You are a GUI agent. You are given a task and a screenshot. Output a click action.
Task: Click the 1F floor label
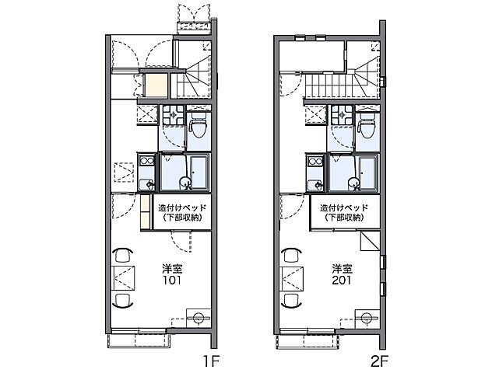coord(211,362)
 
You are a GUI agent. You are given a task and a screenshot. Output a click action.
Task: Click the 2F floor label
coord(380,362)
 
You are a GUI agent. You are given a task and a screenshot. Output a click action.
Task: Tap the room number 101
coord(172,280)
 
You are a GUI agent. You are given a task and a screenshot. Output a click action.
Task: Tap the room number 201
coord(342,280)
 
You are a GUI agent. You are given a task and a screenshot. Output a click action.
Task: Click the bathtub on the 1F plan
coord(199,173)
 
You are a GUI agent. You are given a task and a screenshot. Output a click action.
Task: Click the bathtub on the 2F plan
coord(368,173)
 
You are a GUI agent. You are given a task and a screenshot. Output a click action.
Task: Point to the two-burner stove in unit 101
coord(146,161)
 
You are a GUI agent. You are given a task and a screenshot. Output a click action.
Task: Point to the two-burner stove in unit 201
coord(315,161)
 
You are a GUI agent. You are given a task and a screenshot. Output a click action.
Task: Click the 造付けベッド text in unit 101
coord(182,208)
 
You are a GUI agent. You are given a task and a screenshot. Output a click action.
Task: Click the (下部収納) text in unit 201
coord(344,218)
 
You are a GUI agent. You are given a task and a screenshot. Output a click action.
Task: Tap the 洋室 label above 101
coord(172,269)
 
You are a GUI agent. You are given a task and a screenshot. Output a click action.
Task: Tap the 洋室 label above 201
coord(343,269)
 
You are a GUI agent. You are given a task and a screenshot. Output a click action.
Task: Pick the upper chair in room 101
coord(122,255)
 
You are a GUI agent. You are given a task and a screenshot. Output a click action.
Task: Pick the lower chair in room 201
coord(292,302)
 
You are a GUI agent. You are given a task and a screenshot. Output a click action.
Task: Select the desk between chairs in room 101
coord(124,278)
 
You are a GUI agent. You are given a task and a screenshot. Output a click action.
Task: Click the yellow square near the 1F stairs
coord(156,85)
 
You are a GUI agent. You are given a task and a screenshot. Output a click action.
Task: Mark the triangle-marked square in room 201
coord(370,241)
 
